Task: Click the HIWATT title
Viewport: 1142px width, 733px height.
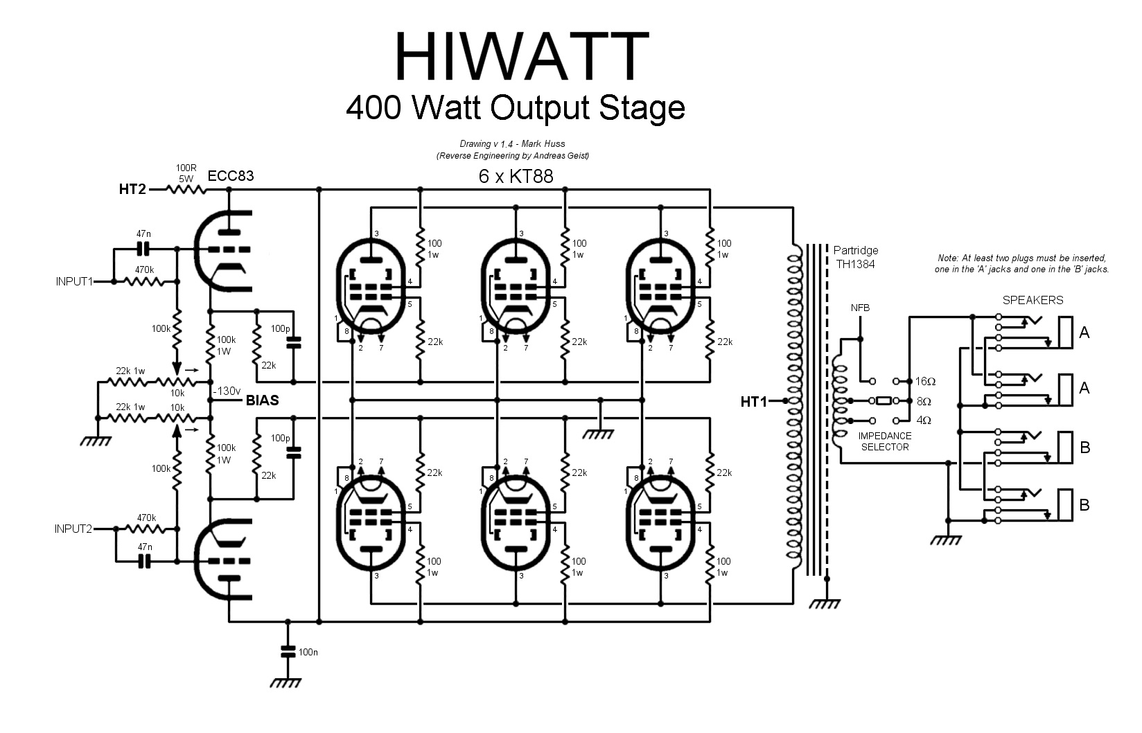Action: [x=521, y=56]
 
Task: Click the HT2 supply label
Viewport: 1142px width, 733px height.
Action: [x=132, y=189]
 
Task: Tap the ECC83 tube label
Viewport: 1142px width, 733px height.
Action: [x=231, y=176]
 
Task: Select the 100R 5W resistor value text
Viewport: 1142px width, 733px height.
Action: [x=185, y=173]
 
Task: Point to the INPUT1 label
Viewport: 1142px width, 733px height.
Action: [x=74, y=282]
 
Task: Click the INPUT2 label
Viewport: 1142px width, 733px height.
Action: [x=74, y=529]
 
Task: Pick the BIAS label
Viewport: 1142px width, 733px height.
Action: [x=263, y=400]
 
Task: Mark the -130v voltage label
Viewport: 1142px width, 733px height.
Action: [x=227, y=390]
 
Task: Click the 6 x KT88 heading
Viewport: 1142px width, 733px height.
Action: [x=516, y=176]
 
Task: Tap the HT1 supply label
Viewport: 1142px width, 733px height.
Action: [x=754, y=401]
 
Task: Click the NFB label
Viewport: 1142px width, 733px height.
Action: [x=860, y=308]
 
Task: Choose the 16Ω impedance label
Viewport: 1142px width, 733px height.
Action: [x=926, y=382]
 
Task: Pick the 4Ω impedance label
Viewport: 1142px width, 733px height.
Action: [x=923, y=421]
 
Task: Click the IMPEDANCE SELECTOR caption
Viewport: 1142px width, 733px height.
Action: [x=885, y=441]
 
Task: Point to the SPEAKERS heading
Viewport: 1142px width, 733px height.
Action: [x=1033, y=300]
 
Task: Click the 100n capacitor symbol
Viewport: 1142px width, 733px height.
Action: [x=288, y=651]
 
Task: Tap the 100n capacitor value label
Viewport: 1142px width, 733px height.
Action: [x=308, y=652]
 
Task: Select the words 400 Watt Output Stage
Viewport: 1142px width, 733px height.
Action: [x=516, y=107]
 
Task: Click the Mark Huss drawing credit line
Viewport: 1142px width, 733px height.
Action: [x=512, y=144]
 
